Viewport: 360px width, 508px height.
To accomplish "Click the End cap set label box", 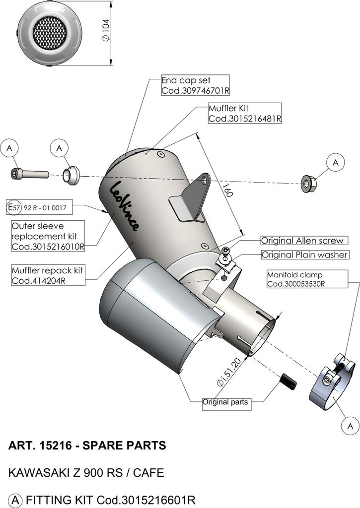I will pyautogui.click(x=195, y=85).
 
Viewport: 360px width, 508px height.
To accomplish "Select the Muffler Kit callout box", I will pyautogui.click(x=245, y=113).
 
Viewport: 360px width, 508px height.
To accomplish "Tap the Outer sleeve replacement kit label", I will pyautogui.click(x=48, y=236).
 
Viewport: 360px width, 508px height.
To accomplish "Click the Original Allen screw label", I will pyautogui.click(x=302, y=241).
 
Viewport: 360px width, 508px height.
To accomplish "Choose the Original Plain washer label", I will pyautogui.click(x=305, y=255).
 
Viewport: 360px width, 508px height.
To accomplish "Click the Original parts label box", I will pyautogui.click(x=225, y=402).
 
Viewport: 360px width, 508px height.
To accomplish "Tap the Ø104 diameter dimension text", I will pyautogui.click(x=106, y=30).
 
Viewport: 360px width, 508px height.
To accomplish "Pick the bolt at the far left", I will pyautogui.click(x=29, y=174).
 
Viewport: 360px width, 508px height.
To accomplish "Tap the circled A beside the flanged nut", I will pyautogui.click(x=336, y=162).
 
